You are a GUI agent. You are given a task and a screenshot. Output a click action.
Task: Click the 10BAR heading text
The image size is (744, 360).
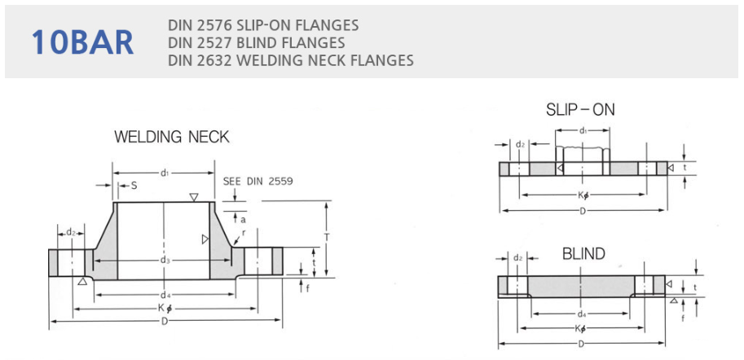82,42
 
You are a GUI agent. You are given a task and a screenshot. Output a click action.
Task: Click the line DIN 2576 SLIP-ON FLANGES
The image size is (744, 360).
262,25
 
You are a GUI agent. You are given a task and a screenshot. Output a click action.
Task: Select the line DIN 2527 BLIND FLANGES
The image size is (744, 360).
256,42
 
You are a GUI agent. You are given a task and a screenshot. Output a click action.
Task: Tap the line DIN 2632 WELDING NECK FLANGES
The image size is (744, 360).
290,59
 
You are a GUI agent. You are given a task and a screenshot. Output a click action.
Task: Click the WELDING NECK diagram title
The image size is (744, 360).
171,137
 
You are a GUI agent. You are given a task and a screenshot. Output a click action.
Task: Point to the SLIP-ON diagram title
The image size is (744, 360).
580,109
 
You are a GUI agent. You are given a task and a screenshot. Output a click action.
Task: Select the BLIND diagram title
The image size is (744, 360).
583,254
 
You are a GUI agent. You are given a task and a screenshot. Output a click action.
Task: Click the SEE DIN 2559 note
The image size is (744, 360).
258,181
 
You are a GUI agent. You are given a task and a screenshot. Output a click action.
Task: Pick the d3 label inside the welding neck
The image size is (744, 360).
165,260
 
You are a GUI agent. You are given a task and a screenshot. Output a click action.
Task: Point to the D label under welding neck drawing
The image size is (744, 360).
165,322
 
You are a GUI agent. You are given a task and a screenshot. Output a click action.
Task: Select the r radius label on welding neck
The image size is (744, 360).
243,232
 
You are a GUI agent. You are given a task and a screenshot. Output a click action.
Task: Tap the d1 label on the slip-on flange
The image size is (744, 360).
583,131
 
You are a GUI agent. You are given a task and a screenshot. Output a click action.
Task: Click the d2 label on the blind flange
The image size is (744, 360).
519,258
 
